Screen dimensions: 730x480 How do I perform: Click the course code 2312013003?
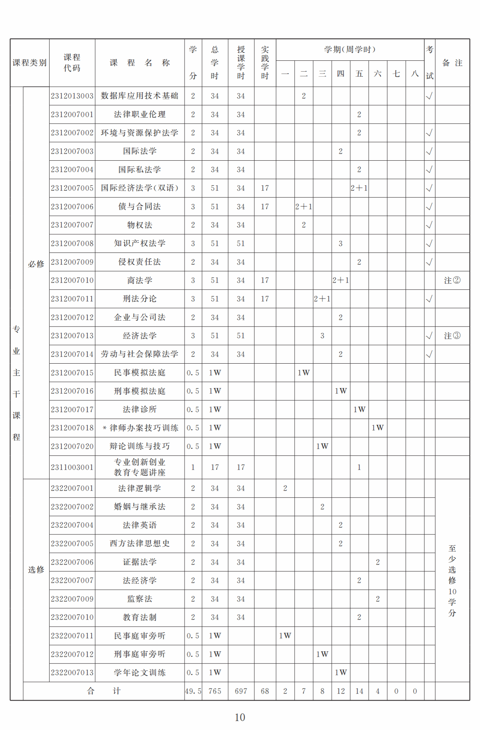pos(72,96)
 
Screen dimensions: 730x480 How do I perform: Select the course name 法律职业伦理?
pos(140,115)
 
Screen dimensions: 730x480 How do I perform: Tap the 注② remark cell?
pos(452,280)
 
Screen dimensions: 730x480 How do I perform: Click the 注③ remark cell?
pos(452,336)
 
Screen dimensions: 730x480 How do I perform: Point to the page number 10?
pos(240,717)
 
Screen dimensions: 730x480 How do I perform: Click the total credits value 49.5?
pos(193,691)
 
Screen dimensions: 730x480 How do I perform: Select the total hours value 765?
pos(215,691)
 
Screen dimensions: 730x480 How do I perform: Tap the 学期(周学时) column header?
pos(350,50)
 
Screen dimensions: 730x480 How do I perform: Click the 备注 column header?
pos(452,63)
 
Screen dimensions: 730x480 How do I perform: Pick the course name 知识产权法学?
pos(140,244)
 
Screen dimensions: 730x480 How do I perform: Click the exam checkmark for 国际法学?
pos(429,151)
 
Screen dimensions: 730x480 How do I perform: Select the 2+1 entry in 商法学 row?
pos(340,280)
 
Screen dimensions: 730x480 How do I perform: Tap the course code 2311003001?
pos(72,467)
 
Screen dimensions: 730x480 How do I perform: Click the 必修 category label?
pos(36,264)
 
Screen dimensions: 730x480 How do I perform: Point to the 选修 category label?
pos(36,570)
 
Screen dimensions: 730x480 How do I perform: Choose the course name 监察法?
pos(140,599)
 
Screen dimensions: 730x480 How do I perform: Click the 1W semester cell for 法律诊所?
pos(359,409)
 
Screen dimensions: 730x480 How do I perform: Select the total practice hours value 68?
pos(265,691)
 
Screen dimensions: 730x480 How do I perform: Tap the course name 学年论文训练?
pos(140,673)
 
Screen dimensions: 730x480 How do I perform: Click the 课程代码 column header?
pos(72,63)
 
